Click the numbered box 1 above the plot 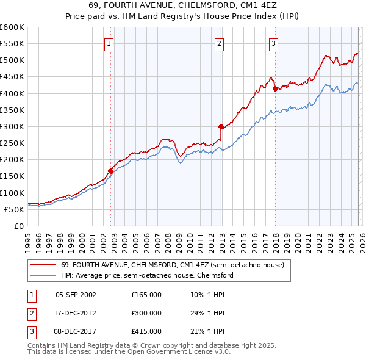point(109,43)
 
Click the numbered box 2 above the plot point(219,43)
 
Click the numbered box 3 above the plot point(274,43)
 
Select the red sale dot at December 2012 point(221,126)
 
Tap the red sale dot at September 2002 point(110,171)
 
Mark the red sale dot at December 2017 point(275,88)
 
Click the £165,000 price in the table point(146,295)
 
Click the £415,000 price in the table point(146,331)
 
